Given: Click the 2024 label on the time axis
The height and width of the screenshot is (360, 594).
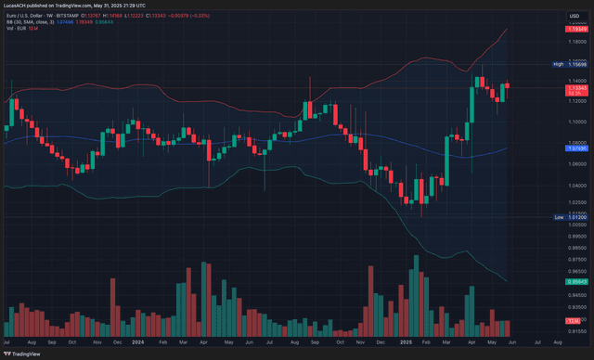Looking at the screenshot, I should point(136,342).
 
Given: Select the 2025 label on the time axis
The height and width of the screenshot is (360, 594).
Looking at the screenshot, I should point(406,342).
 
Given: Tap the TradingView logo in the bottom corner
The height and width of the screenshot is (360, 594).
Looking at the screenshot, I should point(23,354).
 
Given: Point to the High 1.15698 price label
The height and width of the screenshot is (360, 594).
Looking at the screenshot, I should point(572,64).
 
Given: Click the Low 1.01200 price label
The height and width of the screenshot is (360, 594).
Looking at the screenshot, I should point(572,216).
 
